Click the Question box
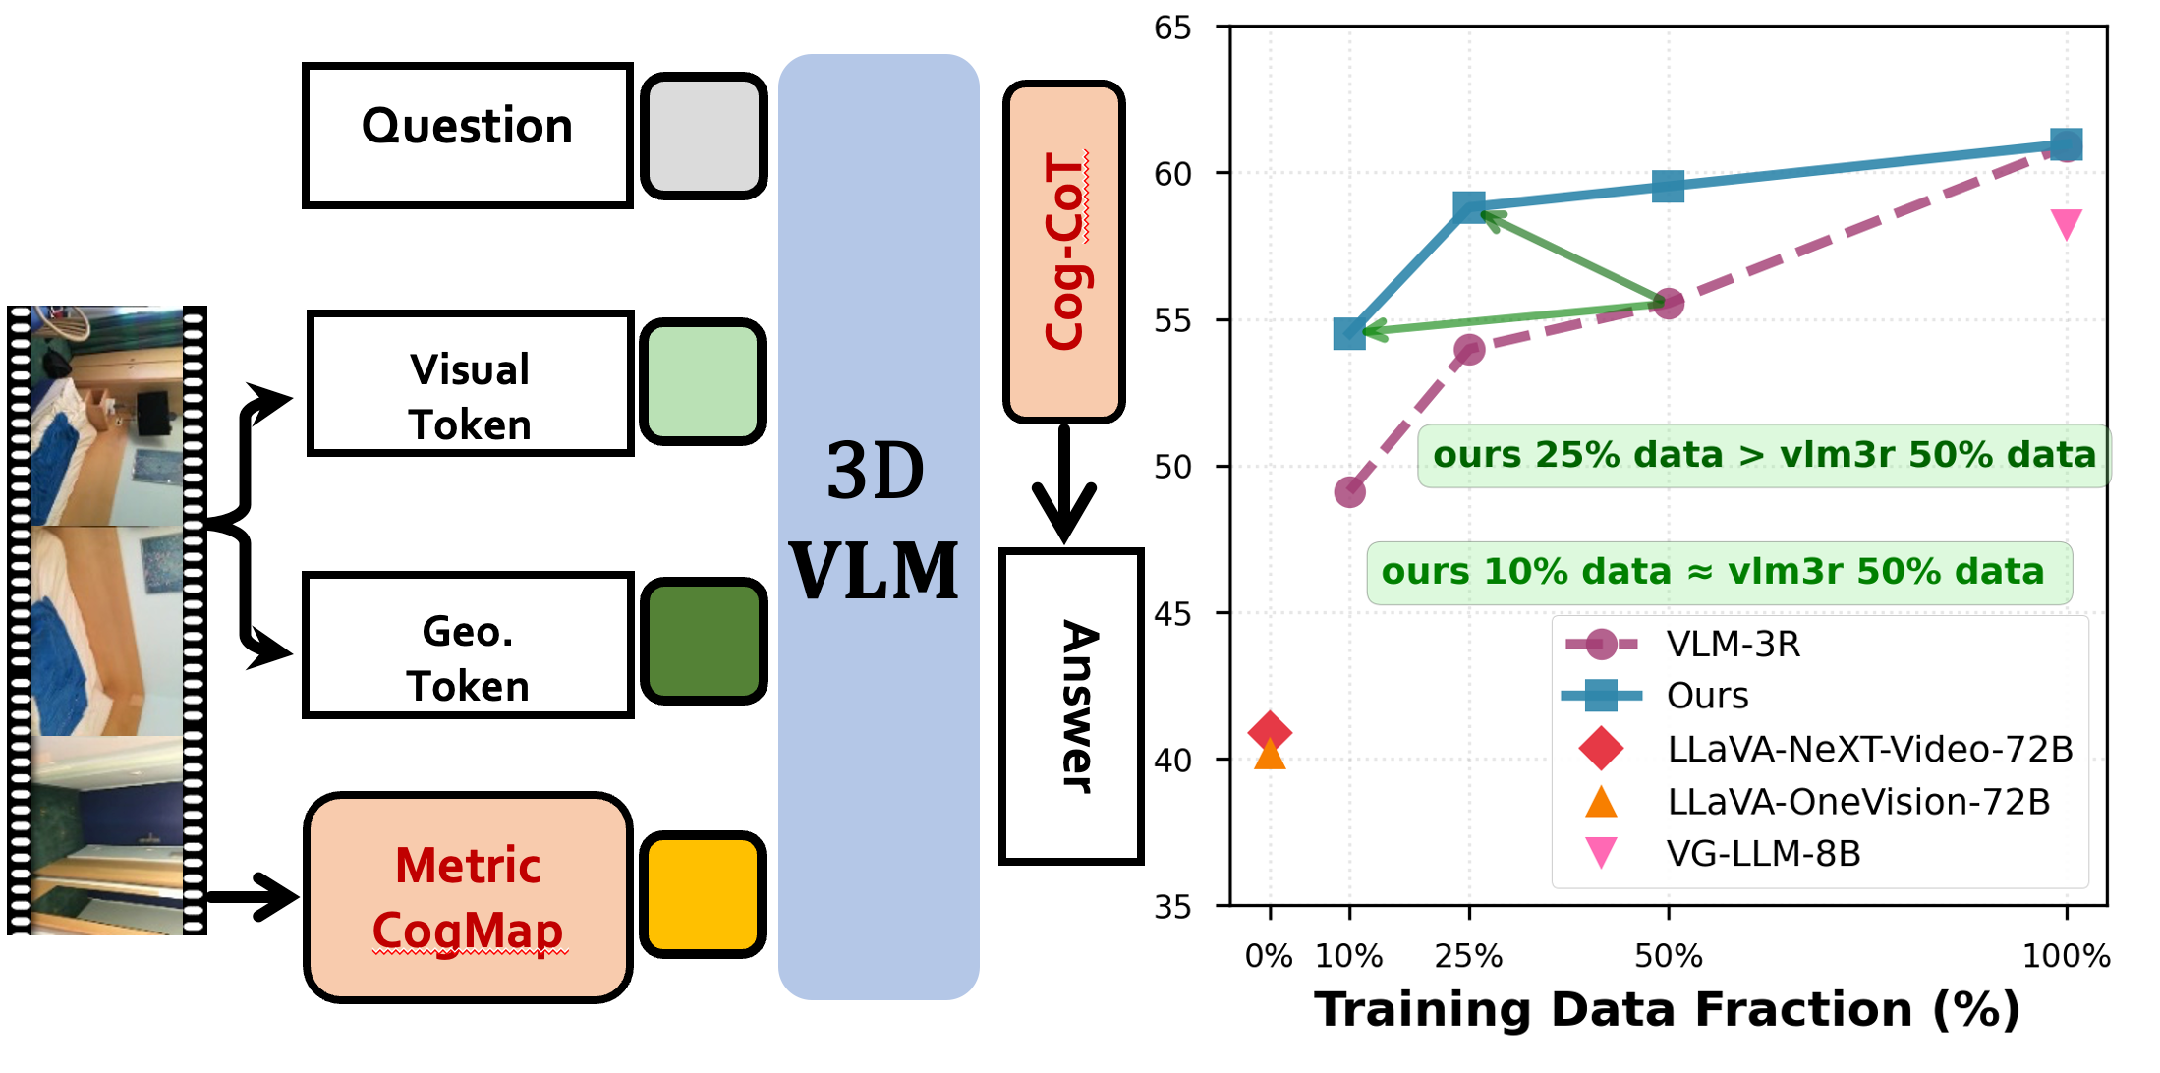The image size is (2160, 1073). tap(468, 136)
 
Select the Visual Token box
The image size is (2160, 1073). tap(470, 383)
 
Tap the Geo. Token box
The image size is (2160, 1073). tap(468, 646)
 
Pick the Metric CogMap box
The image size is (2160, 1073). tap(468, 897)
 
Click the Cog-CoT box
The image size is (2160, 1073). tap(1063, 252)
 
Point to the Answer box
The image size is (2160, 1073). tap(1071, 706)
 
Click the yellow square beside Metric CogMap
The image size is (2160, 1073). tap(703, 894)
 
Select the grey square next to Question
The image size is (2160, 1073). tap(704, 136)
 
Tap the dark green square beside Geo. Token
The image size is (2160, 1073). tap(704, 641)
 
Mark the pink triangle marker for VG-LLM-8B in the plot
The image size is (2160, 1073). tap(2067, 223)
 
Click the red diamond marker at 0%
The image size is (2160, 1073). tap(1270, 731)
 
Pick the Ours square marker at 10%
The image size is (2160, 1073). tap(1349, 333)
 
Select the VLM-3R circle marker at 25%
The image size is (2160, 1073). tap(1469, 350)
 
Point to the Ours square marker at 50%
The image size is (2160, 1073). tap(1668, 186)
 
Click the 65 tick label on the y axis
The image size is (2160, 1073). tap(1172, 28)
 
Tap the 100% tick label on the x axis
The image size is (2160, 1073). tap(2066, 956)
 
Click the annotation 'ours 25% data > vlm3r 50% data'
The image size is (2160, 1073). tap(1764, 455)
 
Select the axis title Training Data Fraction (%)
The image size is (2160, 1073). tap(1668, 1010)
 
